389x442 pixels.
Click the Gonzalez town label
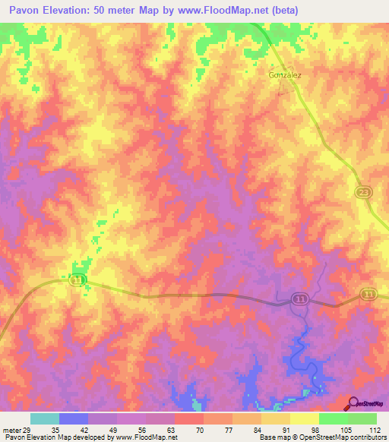pyautogui.click(x=285, y=75)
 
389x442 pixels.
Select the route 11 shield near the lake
pyautogui.click(x=301, y=301)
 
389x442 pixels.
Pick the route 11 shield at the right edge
pyautogui.click(x=368, y=294)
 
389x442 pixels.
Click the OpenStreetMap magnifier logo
pyautogui.click(x=353, y=403)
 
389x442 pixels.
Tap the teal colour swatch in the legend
pyautogui.click(x=44, y=418)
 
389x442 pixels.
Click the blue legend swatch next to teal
pyautogui.click(x=73, y=418)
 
